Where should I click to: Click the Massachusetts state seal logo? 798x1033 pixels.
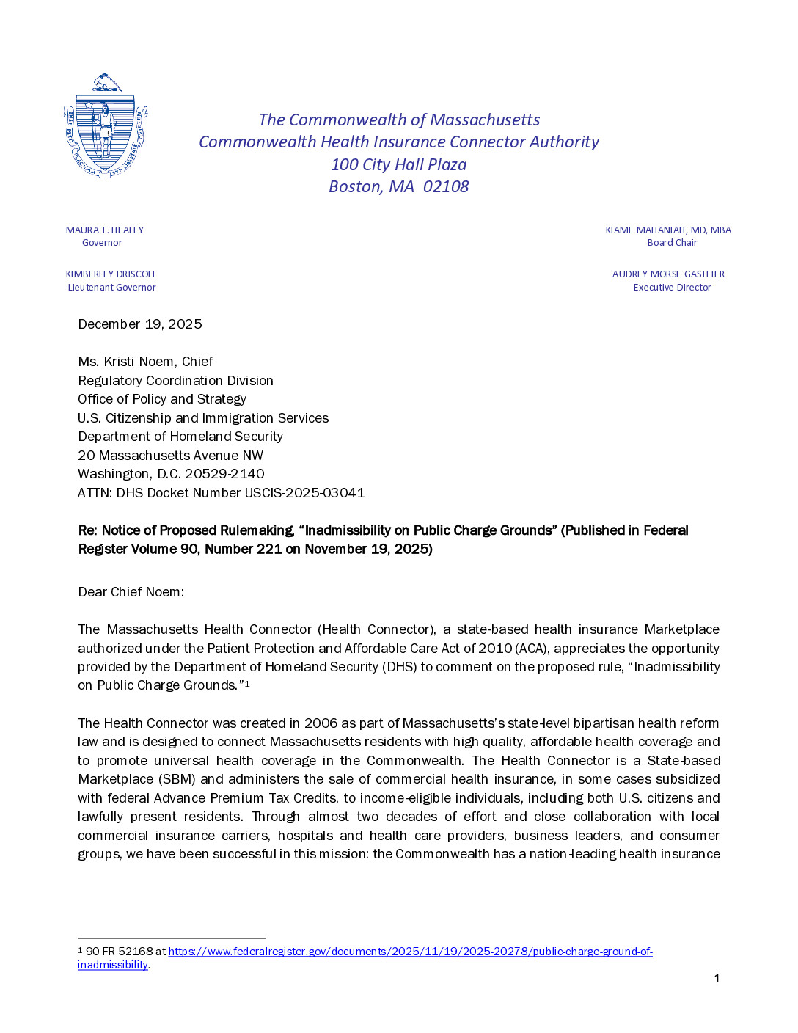click(x=106, y=125)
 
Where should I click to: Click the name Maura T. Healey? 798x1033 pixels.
click(x=104, y=230)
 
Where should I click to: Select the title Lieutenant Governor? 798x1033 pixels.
click(x=111, y=288)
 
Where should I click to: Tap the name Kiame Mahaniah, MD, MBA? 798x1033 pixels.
click(x=667, y=230)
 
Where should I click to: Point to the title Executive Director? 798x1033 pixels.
click(x=672, y=288)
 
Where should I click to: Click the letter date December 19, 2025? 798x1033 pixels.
click(x=140, y=324)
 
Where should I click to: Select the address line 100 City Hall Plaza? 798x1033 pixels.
click(x=398, y=165)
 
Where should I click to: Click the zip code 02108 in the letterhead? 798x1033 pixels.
click(x=445, y=187)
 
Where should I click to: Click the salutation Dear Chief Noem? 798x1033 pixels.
click(x=131, y=592)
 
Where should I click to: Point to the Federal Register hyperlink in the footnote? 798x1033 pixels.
click(x=410, y=952)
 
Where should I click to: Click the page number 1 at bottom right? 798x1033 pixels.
click(x=717, y=978)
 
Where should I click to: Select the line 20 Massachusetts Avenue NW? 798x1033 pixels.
click(x=170, y=456)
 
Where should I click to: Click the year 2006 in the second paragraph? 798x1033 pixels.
click(x=321, y=723)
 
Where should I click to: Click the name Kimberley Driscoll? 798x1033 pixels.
click(x=111, y=274)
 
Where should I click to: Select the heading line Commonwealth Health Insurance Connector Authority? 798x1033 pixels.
click(x=398, y=142)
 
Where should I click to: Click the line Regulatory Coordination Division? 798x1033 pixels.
click(x=175, y=381)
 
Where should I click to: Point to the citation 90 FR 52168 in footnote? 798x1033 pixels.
click(x=119, y=952)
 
